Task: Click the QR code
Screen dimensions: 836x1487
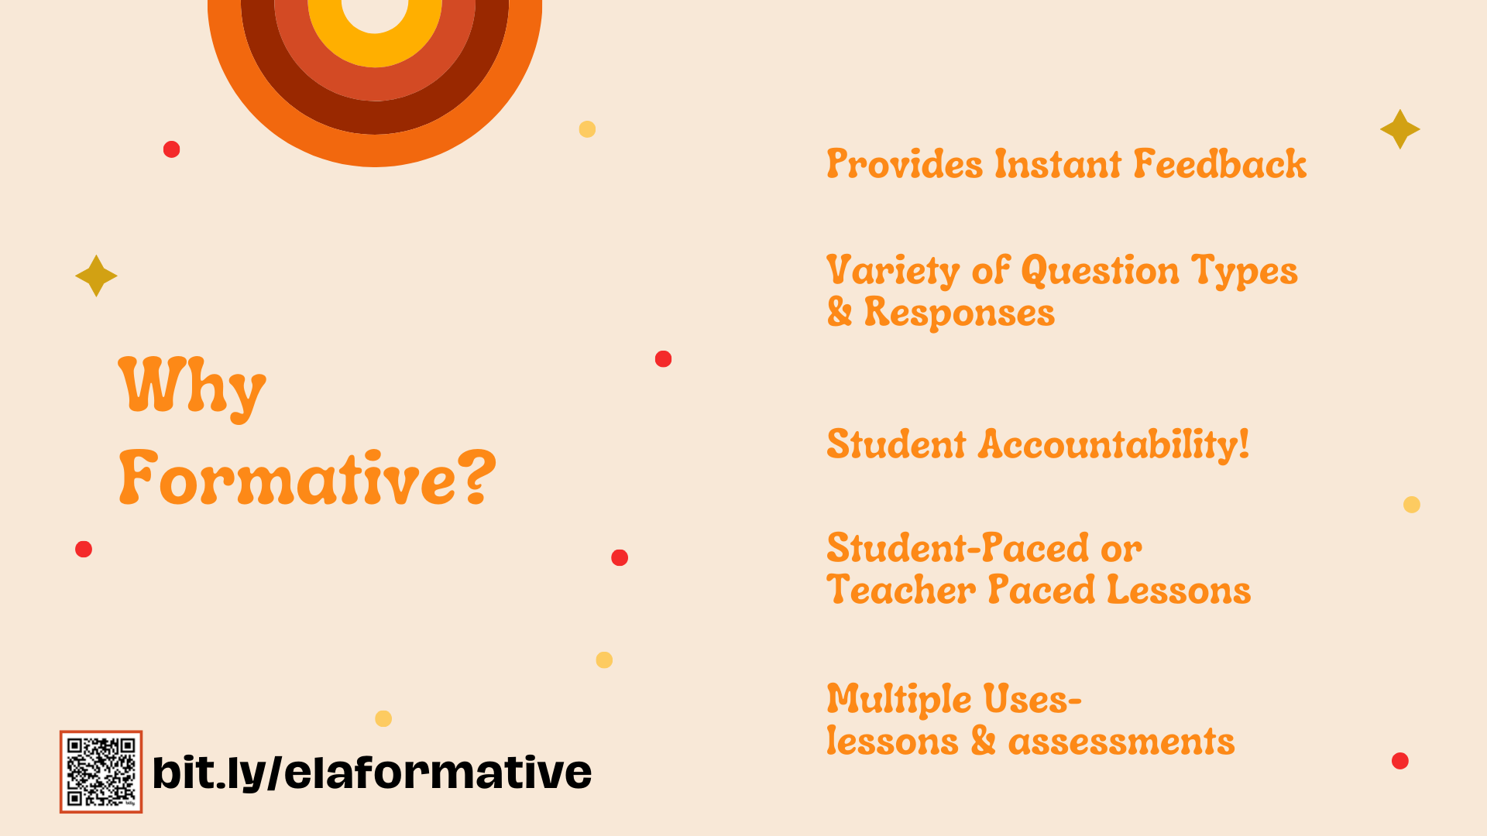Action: click(x=101, y=772)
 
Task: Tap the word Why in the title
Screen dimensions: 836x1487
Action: click(x=192, y=387)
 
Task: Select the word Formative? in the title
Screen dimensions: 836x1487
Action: click(x=307, y=478)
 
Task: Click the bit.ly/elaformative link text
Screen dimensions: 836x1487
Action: click(x=372, y=773)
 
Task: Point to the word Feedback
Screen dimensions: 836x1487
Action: click(x=1220, y=164)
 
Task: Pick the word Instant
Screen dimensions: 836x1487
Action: click(x=1058, y=164)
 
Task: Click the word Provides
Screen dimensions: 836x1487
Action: click(x=905, y=164)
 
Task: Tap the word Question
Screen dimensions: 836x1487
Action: click(x=1101, y=271)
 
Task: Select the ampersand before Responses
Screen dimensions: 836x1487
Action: click(x=840, y=312)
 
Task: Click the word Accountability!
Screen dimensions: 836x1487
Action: click(x=1114, y=445)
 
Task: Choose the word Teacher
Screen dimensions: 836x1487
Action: click(x=901, y=590)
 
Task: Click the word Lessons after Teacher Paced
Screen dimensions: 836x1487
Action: click(x=1179, y=590)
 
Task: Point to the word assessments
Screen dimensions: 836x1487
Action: click(x=1121, y=742)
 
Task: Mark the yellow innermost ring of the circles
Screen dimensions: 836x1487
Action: click(x=375, y=50)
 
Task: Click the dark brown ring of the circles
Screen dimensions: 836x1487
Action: click(x=375, y=118)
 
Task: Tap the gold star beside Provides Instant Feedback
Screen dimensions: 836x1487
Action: click(x=1400, y=129)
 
